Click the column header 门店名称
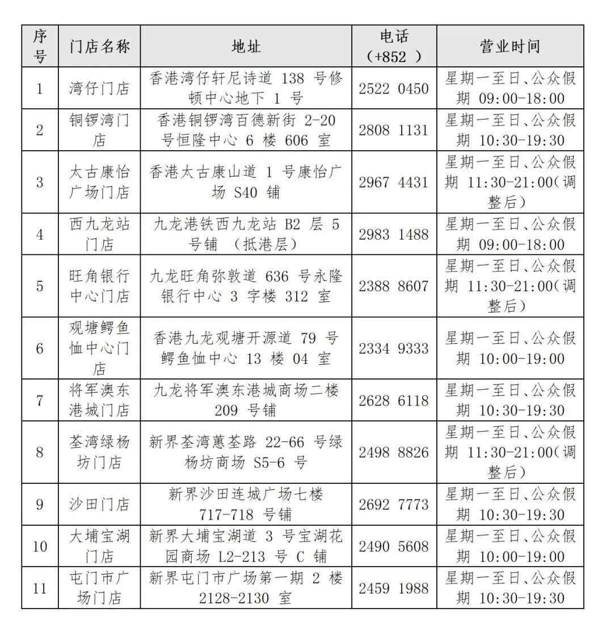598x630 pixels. tap(99, 46)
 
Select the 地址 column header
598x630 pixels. tap(246, 46)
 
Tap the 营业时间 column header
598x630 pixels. tap(509, 46)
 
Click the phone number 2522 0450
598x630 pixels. tap(393, 88)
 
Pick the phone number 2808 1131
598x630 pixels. tap(393, 130)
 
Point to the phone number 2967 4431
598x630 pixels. tap(393, 182)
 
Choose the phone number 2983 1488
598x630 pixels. tap(393, 234)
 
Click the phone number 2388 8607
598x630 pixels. tap(393, 286)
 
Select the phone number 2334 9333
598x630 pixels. tap(393, 348)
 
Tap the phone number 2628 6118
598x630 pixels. tap(393, 400)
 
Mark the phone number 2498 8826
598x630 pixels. tap(393, 452)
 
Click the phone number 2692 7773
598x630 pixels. tap(393, 504)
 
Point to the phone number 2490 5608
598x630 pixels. tap(393, 546)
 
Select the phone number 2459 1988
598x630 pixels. tap(393, 588)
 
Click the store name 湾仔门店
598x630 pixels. tap(99, 88)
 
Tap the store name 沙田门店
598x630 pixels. tap(99, 504)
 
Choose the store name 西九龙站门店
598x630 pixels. tap(99, 234)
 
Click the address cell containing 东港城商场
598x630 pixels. tap(246, 400)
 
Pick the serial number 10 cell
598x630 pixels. tap(40, 546)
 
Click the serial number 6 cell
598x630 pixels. tap(40, 348)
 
